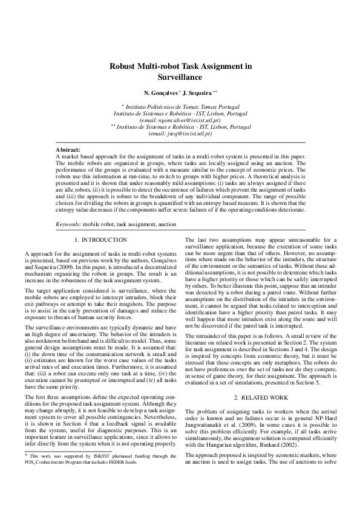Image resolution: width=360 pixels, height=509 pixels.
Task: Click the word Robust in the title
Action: (123, 66)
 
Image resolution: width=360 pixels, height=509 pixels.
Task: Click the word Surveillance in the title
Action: (180, 77)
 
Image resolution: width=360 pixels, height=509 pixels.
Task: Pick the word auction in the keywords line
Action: (165, 224)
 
